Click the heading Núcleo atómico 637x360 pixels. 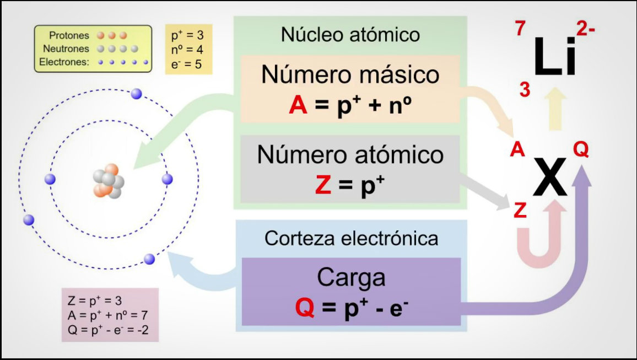click(x=350, y=35)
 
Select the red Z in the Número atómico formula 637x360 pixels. click(x=323, y=186)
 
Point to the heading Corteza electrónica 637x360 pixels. click(x=352, y=238)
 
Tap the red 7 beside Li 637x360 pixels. click(x=521, y=29)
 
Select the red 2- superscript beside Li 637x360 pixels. click(x=585, y=29)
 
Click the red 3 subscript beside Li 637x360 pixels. click(x=525, y=89)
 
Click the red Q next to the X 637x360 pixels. click(x=581, y=149)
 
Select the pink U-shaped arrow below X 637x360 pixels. click(x=538, y=237)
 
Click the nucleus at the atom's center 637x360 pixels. click(x=109, y=180)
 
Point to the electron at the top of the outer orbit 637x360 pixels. click(x=137, y=94)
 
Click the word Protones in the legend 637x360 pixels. click(x=69, y=35)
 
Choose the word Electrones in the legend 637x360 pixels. click(x=64, y=62)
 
